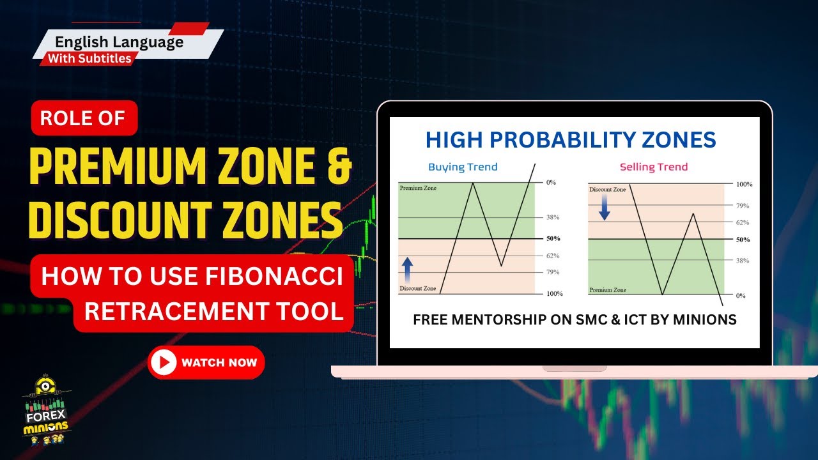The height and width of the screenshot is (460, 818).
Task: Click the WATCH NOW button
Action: [206, 363]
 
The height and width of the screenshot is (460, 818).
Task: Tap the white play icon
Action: [164, 363]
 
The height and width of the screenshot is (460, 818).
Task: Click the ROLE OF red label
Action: [83, 118]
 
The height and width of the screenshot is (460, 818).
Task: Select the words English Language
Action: [120, 42]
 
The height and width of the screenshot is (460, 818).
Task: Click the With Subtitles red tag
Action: [89, 59]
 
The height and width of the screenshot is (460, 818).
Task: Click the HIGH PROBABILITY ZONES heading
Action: [571, 140]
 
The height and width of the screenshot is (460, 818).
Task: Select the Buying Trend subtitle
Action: [463, 167]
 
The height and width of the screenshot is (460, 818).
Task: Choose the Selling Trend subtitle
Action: [654, 167]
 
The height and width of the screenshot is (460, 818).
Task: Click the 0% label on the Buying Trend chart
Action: [551, 183]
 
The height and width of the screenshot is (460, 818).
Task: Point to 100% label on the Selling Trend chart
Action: [744, 184]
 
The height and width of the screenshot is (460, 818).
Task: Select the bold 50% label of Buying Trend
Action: [553, 239]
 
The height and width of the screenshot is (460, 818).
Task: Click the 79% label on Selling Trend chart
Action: [742, 206]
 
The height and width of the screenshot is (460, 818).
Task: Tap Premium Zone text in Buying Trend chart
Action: [419, 188]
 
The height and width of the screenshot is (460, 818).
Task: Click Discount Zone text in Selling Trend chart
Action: [608, 189]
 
